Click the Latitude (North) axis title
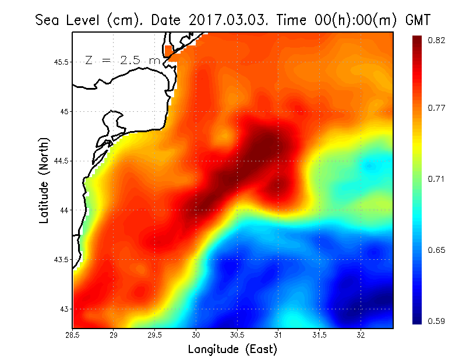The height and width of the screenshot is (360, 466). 44,180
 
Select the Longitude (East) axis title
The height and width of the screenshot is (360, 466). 232,350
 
